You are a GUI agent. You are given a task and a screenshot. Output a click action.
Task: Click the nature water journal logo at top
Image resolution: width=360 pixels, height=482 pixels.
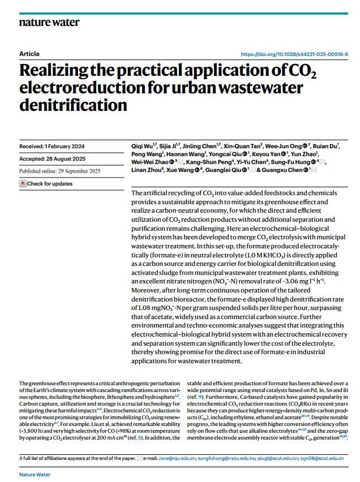49,22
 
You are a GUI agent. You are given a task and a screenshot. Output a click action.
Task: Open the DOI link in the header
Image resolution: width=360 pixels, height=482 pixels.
294,54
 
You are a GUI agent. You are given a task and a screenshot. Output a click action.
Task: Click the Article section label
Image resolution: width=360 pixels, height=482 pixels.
29,54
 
